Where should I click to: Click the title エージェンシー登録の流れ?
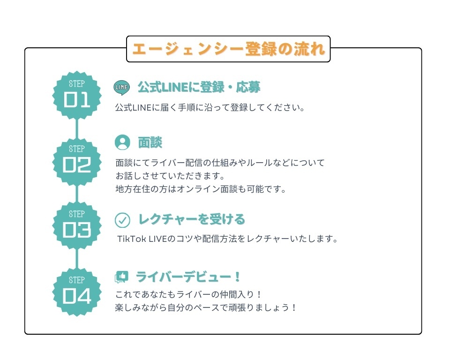point(228,49)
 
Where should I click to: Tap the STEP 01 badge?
point(76,95)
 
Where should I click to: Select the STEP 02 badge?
point(76,162)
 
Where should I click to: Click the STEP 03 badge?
point(76,225)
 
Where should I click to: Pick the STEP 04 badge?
point(76,292)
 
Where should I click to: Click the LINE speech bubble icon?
point(122,88)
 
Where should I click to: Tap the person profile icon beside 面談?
point(122,142)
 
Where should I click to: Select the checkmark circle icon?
point(122,220)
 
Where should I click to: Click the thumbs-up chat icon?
point(121,277)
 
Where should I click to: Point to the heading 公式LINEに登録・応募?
point(199,87)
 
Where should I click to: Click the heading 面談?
point(150,142)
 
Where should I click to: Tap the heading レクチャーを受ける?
point(192,219)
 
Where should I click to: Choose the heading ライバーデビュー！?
point(188,277)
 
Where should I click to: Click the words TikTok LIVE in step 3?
point(142,239)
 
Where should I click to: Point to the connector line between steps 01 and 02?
point(76,128)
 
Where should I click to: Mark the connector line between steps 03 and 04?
point(76,259)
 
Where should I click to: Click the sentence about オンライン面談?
point(201,189)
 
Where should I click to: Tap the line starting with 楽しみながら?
point(205,308)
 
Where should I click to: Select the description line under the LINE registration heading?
point(210,108)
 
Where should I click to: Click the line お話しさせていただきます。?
point(170,176)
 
